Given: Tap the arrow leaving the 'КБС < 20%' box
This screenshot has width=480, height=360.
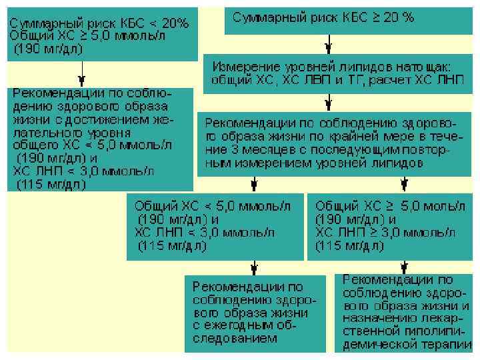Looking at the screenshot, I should pos(82,72).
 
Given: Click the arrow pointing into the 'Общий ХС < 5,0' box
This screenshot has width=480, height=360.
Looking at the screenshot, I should pos(253,183).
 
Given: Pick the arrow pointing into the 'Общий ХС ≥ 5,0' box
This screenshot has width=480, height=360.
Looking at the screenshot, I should pos(403,183).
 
